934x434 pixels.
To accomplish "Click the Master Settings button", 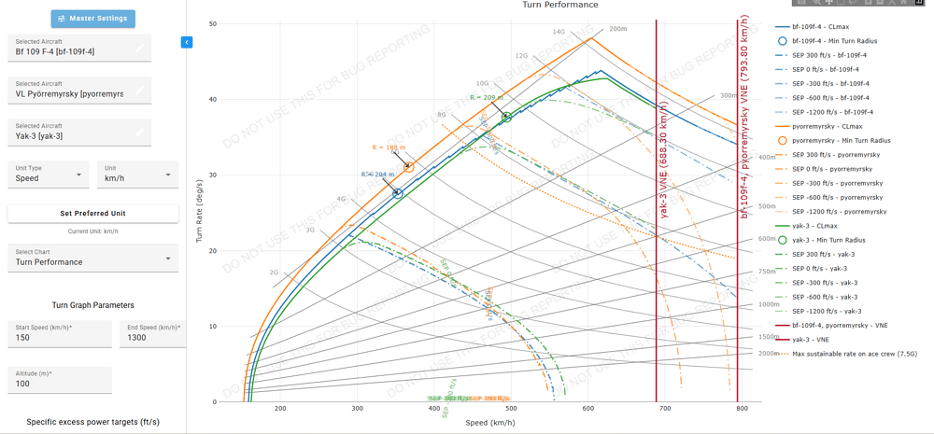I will click(x=92, y=19).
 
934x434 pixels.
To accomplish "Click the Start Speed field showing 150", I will click(x=59, y=337).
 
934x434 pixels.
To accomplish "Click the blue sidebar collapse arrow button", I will click(x=187, y=42).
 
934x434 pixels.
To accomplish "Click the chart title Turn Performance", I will click(x=560, y=5).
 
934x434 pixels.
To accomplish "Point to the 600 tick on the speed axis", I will click(x=587, y=409).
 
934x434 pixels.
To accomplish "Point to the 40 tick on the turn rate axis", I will click(x=212, y=99).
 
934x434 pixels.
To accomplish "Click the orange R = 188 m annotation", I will click(x=389, y=147).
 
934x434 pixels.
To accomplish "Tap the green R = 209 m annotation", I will click(x=487, y=97).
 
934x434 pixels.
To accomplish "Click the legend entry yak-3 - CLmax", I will click(x=827, y=226).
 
